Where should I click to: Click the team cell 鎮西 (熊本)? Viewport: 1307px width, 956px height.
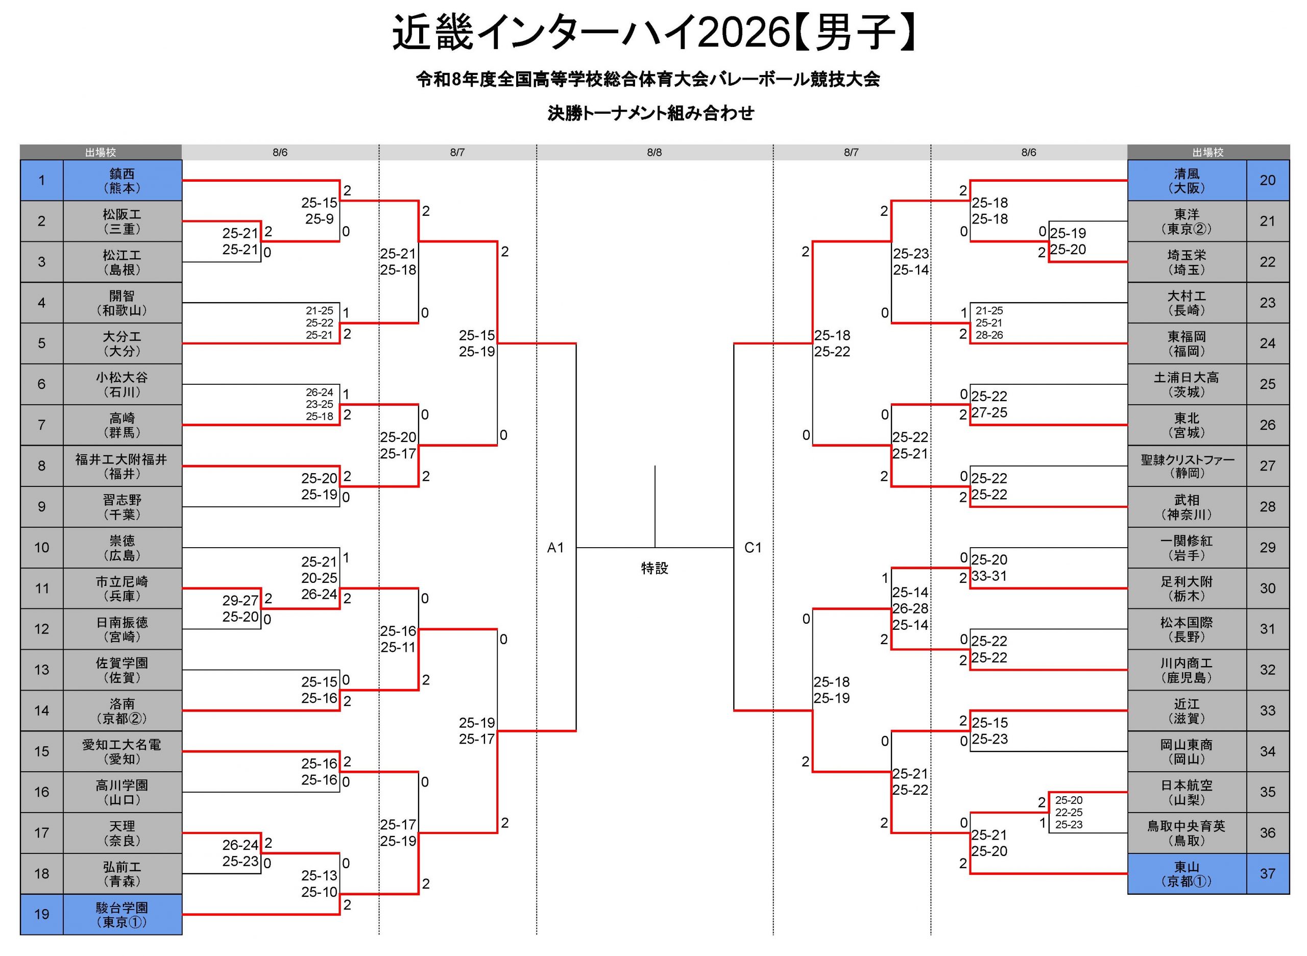pos(122,181)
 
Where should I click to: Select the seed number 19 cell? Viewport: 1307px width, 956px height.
pos(42,914)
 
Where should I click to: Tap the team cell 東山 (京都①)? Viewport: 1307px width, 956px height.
pos(1187,874)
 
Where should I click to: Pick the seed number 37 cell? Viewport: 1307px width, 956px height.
pos(1268,874)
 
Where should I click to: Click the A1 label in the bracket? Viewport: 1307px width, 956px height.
pos(555,548)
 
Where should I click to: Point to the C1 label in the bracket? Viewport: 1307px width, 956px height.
pos(753,548)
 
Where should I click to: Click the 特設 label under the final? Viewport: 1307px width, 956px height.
pos(655,568)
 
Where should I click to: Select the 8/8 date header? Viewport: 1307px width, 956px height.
pos(655,152)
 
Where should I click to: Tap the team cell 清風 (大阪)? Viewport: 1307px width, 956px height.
pos(1187,181)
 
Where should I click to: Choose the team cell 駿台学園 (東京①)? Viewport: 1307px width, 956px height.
pos(122,914)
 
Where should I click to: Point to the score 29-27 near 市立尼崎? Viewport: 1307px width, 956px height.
pos(240,601)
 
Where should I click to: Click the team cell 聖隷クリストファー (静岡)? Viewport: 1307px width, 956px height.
pos(1187,466)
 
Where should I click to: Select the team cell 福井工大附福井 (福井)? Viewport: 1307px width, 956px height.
pos(122,466)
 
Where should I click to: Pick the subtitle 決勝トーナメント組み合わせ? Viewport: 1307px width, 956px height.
pos(651,113)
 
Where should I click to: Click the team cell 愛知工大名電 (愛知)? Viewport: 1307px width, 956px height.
pos(122,751)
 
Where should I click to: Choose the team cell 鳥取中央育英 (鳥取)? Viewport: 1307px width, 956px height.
pos(1187,833)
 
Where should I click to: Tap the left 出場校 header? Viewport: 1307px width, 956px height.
pos(101,152)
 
